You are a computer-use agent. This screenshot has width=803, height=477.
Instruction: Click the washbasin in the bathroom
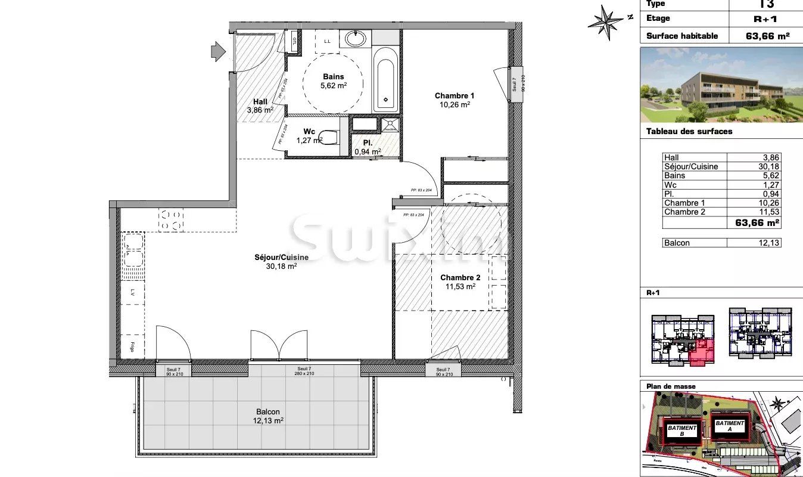[x=356, y=39]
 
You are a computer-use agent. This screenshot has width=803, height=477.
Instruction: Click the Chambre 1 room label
[x=454, y=95]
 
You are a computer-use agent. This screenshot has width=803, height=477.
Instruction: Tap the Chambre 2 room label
[x=460, y=277]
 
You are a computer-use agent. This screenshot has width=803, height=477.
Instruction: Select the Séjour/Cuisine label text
[x=282, y=257]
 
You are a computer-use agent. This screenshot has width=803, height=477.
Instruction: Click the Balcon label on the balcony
[x=267, y=411]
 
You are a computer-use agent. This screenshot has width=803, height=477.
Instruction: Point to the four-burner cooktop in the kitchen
[x=171, y=219]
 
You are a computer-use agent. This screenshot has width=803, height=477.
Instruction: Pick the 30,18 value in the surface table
[x=769, y=166]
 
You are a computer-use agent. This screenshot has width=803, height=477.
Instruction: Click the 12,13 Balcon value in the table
[x=769, y=243]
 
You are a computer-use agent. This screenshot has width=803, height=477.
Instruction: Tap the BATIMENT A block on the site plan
[x=730, y=426]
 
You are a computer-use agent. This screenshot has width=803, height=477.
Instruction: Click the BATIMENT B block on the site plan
[x=682, y=430]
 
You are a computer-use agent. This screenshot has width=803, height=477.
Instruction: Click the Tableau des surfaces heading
[x=689, y=131]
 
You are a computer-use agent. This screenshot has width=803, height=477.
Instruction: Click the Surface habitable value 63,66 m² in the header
[x=767, y=36]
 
